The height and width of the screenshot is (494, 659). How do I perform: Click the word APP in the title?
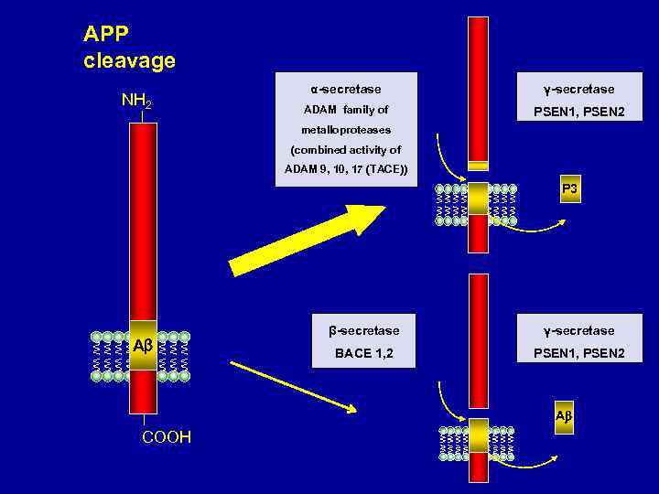[x=106, y=35]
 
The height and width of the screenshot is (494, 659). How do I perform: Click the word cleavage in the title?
[x=129, y=61]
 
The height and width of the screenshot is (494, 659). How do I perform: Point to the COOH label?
[x=167, y=437]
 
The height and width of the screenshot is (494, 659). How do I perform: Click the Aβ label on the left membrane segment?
[x=142, y=347]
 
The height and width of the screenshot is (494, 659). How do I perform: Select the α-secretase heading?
[x=346, y=89]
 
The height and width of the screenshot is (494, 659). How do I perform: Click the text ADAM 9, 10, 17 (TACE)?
[x=346, y=169]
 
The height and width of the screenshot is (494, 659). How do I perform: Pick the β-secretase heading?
[x=364, y=330]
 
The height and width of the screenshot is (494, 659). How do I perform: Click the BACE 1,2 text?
[x=364, y=352]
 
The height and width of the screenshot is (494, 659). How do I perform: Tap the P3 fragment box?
[x=569, y=190]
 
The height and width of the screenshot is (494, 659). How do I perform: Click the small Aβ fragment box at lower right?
[x=564, y=416]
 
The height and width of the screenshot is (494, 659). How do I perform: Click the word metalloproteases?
[x=346, y=129]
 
